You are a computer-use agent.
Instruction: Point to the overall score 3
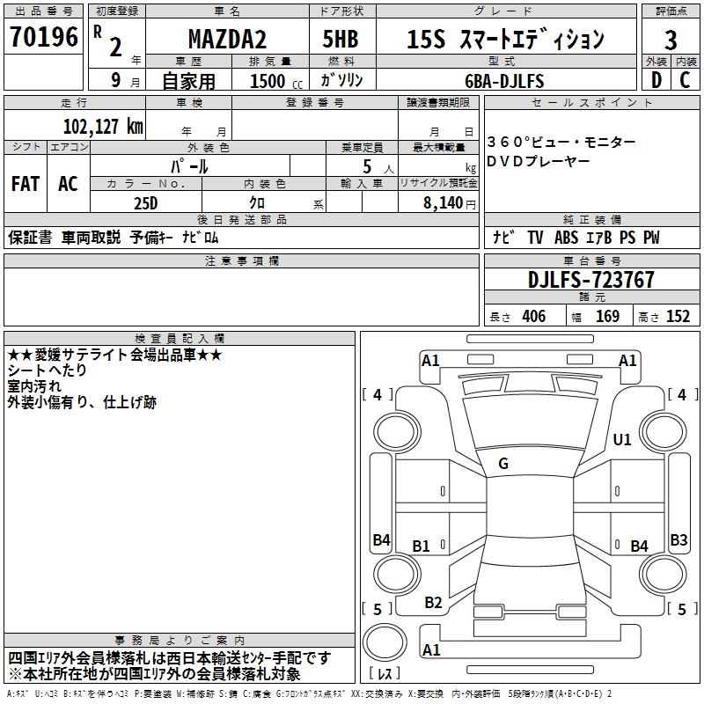click(671, 40)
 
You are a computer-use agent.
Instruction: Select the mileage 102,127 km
click(103, 125)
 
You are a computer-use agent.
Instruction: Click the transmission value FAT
click(25, 184)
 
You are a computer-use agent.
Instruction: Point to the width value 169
click(608, 317)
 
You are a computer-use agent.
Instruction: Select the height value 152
click(678, 317)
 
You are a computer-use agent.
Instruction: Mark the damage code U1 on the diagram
click(622, 439)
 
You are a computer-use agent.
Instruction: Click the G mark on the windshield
click(502, 464)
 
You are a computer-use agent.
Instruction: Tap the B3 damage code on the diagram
click(678, 539)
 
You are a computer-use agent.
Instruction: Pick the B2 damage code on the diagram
click(433, 603)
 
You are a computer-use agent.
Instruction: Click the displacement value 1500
click(268, 81)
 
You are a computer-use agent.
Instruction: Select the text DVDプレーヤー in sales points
click(540, 161)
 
